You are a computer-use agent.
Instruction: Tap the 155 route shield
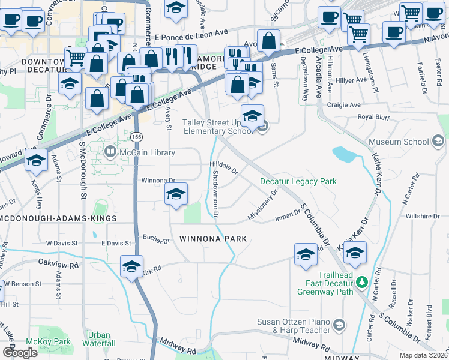137,137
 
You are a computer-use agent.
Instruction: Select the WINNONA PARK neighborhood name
213,239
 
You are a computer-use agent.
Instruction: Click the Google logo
20,352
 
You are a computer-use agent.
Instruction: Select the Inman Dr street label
289,214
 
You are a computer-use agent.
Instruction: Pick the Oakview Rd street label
59,264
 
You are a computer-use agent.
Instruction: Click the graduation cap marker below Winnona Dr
176,194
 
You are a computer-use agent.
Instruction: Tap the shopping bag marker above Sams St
270,41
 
